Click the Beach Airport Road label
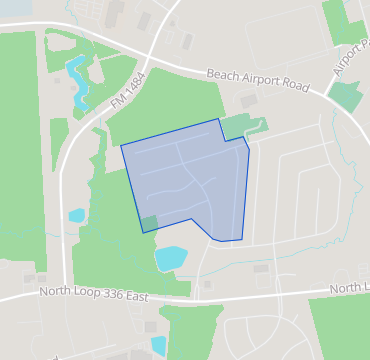point(257,80)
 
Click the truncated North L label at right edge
point(350,288)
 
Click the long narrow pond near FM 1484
point(76,80)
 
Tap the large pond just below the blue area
point(170,257)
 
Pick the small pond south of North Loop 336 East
point(158,345)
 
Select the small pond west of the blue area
point(77,215)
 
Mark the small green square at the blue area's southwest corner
point(149,223)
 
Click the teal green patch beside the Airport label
point(344,96)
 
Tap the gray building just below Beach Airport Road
point(248,101)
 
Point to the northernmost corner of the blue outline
point(218,119)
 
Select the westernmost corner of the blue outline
point(121,146)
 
